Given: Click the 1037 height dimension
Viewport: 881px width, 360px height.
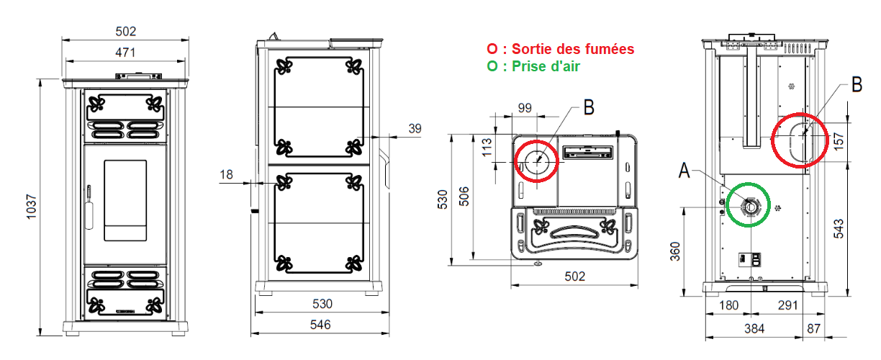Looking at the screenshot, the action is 31,207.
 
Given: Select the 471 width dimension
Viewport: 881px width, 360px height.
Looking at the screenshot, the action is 125,53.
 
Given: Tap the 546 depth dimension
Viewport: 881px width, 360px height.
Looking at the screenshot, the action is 320,325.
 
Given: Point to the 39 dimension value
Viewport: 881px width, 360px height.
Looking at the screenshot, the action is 415,128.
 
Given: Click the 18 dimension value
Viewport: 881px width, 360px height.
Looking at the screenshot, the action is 226,174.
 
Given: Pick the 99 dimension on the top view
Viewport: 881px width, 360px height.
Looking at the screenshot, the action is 525,108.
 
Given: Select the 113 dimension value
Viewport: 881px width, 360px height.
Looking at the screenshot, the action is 487,147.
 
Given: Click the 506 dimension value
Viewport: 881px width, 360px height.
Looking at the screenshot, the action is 464,197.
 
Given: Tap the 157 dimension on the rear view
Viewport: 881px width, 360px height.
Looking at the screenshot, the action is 839,141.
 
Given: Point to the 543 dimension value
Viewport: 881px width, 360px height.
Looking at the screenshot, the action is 839,228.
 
